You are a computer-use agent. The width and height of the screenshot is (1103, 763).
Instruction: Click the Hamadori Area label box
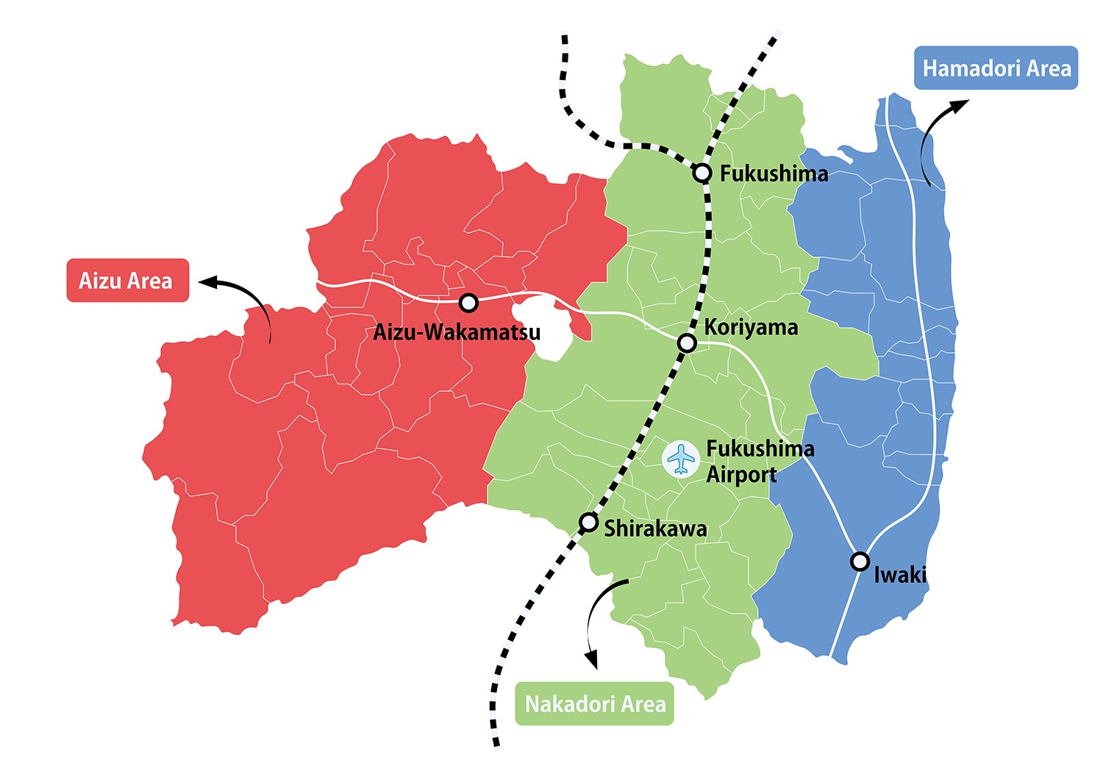pyautogui.click(x=996, y=68)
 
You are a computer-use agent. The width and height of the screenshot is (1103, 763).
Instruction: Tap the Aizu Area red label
pyautogui.click(x=127, y=280)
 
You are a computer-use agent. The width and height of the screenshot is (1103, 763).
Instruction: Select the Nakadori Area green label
pyautogui.click(x=594, y=703)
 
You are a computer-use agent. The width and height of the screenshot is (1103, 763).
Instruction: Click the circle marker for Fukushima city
pyautogui.click(x=703, y=173)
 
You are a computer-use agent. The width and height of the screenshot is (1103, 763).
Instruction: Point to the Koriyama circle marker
pyautogui.click(x=686, y=343)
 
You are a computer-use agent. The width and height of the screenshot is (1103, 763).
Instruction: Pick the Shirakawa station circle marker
pyautogui.click(x=588, y=523)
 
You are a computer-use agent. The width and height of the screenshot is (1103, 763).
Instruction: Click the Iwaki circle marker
pyautogui.click(x=860, y=562)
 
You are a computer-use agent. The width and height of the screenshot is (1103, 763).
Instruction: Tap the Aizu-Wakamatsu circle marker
pyautogui.click(x=468, y=302)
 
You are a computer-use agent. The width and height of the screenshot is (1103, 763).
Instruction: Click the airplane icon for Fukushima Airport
pyautogui.click(x=682, y=459)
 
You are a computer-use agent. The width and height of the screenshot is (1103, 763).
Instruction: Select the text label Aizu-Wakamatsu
pyautogui.click(x=457, y=332)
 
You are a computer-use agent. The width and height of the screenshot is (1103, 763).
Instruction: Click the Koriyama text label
pyautogui.click(x=751, y=327)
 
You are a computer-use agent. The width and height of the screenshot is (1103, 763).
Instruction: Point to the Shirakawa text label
pyautogui.click(x=655, y=529)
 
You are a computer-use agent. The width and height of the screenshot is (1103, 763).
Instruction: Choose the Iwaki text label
pyautogui.click(x=900, y=574)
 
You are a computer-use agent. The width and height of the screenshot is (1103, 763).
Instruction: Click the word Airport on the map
pyautogui.click(x=741, y=475)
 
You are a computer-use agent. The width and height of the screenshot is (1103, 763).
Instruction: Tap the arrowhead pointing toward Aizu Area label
pyautogui.click(x=207, y=282)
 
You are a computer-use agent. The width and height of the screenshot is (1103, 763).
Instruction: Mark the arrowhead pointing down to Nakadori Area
pyautogui.click(x=592, y=660)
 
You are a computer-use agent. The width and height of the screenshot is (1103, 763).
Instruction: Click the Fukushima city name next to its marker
pyautogui.click(x=774, y=173)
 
